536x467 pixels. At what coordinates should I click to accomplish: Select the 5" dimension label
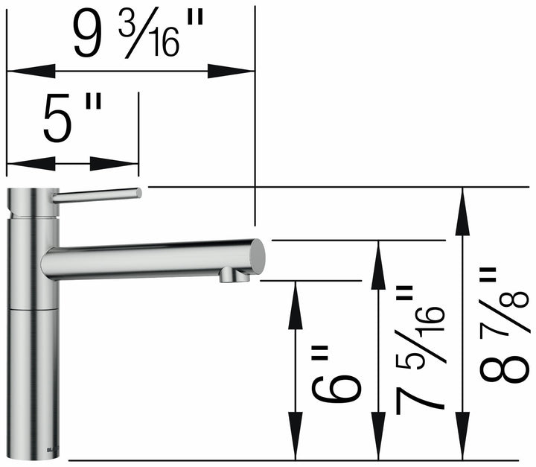pos(71,119)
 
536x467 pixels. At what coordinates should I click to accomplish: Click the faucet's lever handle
pos(97,195)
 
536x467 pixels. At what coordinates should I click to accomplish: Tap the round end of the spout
pos(256,256)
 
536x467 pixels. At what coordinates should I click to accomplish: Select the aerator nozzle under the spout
pos(234,277)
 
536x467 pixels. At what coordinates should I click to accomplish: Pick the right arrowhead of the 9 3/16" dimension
pos(232,72)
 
